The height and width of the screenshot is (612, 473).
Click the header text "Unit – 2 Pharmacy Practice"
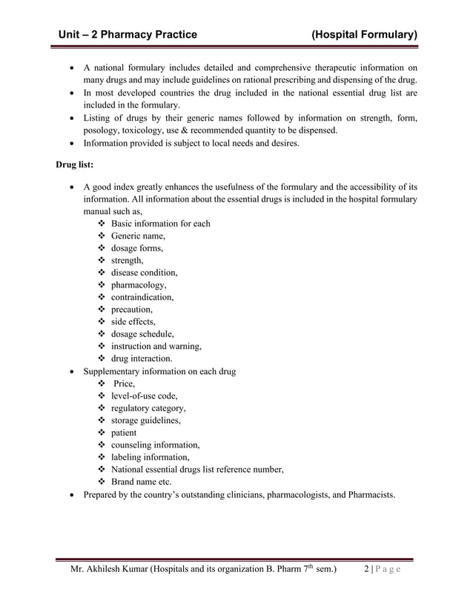point(129,34)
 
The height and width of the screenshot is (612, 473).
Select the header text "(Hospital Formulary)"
point(364,34)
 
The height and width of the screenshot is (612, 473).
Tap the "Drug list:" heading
point(72,163)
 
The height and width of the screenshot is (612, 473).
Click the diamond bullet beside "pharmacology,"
point(102,285)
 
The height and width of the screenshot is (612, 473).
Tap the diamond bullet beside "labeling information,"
point(102,457)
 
